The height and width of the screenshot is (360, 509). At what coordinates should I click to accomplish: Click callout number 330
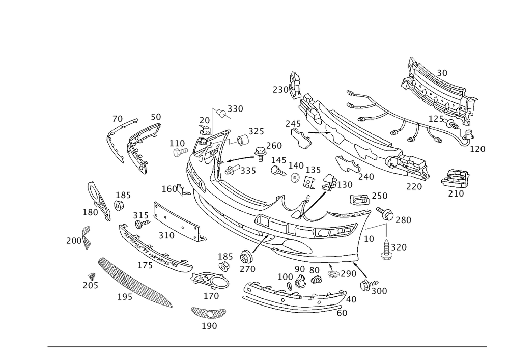tap(235, 109)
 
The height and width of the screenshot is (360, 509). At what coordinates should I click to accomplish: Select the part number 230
tap(280, 89)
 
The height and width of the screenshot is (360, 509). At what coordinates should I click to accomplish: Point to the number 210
tap(456, 194)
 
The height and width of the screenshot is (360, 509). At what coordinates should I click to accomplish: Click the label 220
tap(414, 187)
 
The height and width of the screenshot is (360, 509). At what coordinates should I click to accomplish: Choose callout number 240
tap(365, 177)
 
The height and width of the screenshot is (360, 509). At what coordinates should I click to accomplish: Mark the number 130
tap(345, 184)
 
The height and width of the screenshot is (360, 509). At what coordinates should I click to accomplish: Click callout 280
tap(403, 220)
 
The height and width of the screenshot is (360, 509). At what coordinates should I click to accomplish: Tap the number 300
tap(379, 291)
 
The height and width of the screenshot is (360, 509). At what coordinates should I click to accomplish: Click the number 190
tap(209, 326)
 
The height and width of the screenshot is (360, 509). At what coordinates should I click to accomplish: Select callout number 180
tap(91, 210)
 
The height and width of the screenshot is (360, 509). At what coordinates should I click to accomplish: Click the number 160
tap(169, 189)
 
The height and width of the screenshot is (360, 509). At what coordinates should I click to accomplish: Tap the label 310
tap(166, 235)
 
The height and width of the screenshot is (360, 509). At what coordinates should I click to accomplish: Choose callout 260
tap(274, 145)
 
